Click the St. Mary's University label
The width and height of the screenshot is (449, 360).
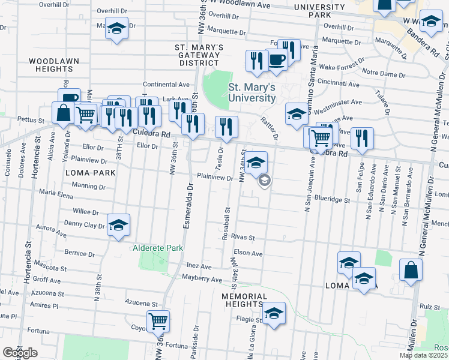(252, 92)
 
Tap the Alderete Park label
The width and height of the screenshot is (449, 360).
(157, 247)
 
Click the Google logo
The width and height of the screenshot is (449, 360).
(20, 353)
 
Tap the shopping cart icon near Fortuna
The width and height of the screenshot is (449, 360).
(158, 321)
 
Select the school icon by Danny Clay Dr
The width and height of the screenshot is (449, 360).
(119, 224)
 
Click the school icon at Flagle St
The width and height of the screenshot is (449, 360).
(274, 313)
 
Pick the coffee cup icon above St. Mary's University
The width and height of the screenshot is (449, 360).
(276, 59)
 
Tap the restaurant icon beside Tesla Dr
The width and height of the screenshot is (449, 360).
(226, 126)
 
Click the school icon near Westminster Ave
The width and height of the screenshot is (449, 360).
(297, 113)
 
